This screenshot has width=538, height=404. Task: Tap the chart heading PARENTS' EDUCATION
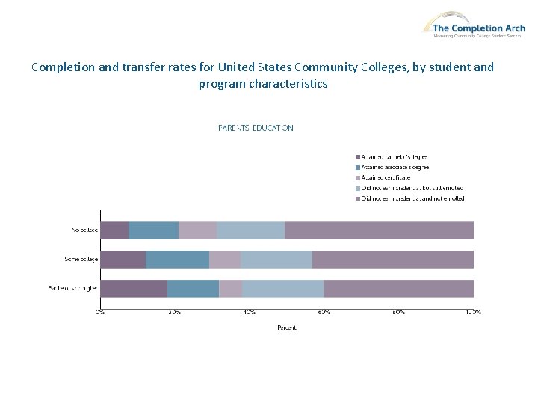coord(256,128)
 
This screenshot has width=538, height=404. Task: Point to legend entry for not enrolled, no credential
coord(412,198)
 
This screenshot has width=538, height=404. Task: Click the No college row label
coord(84,230)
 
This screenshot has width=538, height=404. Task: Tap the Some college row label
coord(81,259)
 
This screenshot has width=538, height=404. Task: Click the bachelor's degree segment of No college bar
coord(114,230)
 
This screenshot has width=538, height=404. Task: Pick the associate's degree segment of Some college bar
coord(177,259)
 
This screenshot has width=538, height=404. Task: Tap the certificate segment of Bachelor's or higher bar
coord(230,288)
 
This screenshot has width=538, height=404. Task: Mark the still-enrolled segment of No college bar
coord(250,230)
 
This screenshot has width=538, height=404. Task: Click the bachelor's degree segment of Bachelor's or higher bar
coord(134,288)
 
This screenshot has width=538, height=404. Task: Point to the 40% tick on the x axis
coord(250,311)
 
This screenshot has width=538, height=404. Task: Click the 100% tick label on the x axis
coord(473,311)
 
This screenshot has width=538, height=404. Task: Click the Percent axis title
coord(287,328)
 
